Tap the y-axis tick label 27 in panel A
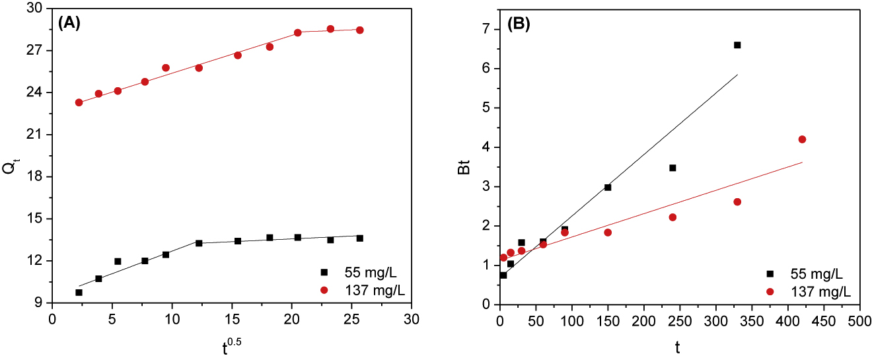[x=38, y=51]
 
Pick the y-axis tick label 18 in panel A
[x=38, y=177]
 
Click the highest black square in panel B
[x=737, y=45]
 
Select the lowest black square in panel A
[x=79, y=293]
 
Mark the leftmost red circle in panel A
[x=79, y=102]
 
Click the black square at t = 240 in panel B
[x=672, y=168]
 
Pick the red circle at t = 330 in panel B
[x=737, y=201]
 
